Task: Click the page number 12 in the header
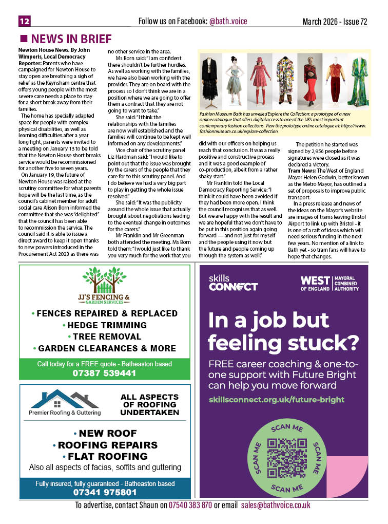(25, 22)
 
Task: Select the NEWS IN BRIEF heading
(71, 40)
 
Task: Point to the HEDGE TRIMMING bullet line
(106, 325)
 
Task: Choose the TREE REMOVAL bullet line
(106, 336)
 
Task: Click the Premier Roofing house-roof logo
(65, 399)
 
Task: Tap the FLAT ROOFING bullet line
(106, 456)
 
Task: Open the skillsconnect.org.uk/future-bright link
(277, 399)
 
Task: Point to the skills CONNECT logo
(233, 283)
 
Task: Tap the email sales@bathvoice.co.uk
(276, 506)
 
